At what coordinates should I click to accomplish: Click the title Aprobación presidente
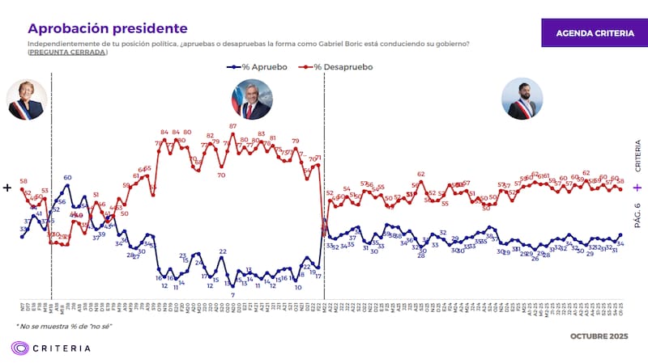[107, 29]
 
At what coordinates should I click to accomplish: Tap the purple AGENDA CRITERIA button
[595, 33]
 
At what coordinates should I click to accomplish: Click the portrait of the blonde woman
[25, 99]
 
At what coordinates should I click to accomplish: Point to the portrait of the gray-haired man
[251, 99]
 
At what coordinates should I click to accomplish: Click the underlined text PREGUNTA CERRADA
[67, 52]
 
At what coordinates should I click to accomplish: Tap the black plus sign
[8, 188]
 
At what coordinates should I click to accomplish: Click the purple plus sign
[637, 188]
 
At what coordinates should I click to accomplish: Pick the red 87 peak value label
[232, 126]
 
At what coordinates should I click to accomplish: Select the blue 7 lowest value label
[232, 294]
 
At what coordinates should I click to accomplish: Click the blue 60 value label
[67, 177]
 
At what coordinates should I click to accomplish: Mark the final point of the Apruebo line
[620, 234]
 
